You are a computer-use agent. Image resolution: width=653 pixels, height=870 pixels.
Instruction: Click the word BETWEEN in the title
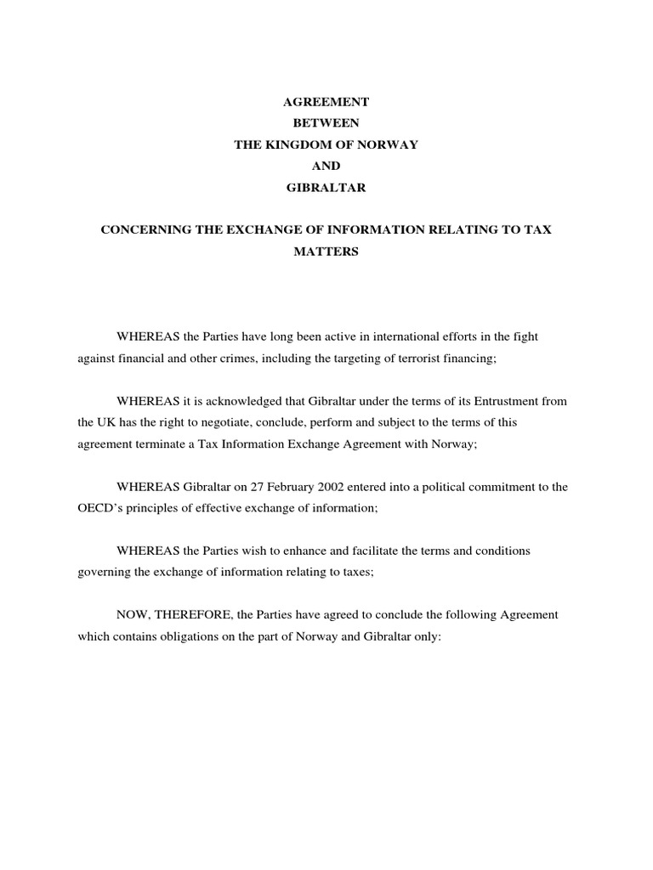pyautogui.click(x=326, y=123)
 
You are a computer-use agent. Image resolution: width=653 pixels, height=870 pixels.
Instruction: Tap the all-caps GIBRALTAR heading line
pyautogui.click(x=326, y=188)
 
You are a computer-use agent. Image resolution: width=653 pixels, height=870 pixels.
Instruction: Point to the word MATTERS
pyautogui.click(x=326, y=252)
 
